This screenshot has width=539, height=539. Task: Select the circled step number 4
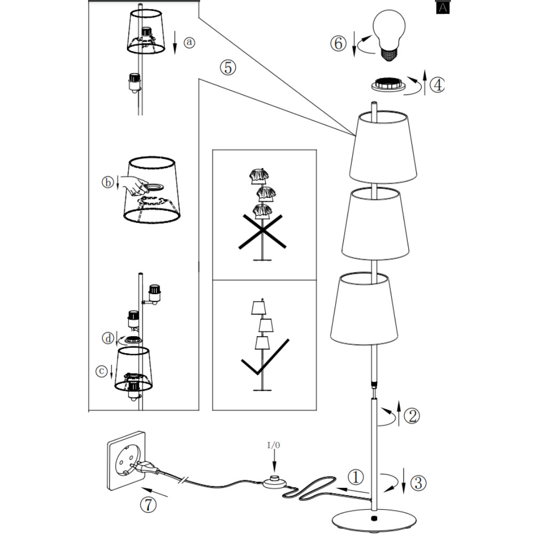click(x=437, y=84)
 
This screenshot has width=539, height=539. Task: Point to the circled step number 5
click(x=227, y=68)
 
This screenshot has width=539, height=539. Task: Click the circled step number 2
click(x=411, y=416)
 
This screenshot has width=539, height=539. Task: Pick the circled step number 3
click(x=419, y=483)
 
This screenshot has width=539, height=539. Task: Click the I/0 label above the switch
click(x=274, y=444)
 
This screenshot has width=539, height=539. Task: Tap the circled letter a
click(x=189, y=43)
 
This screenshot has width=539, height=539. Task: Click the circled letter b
click(x=107, y=183)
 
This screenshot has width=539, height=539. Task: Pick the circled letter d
click(x=108, y=338)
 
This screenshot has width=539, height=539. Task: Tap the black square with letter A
click(x=442, y=7)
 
